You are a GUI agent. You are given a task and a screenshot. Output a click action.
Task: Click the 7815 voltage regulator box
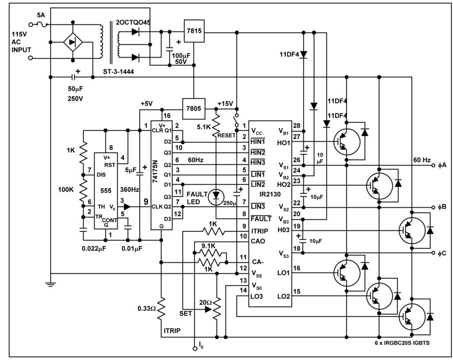point(194,31)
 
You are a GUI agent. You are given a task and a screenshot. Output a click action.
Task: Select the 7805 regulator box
point(194,109)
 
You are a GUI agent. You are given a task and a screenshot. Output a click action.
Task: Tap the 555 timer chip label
point(106,191)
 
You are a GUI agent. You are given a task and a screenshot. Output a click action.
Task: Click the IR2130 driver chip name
point(270,194)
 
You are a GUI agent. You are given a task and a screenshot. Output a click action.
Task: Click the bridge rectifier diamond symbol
point(73,42)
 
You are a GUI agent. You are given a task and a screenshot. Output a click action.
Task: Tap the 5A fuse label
point(41,15)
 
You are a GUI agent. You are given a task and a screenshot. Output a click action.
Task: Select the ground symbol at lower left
point(50,284)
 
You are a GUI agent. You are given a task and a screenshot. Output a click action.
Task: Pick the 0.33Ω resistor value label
point(146,309)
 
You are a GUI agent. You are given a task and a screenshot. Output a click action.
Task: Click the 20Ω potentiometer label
point(205,303)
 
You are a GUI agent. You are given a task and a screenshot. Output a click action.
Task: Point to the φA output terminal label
point(442,165)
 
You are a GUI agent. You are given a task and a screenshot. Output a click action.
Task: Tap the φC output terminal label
point(442,253)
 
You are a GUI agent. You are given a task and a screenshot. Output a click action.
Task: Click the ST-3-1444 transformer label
point(119,72)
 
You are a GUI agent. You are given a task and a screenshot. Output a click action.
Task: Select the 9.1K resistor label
point(208,246)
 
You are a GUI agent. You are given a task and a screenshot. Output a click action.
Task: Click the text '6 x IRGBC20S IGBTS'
point(402,343)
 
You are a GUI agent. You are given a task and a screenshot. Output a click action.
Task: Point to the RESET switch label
point(226,135)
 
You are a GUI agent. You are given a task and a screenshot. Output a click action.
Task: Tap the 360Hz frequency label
point(130,190)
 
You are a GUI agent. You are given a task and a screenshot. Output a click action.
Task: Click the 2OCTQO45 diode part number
point(133,23)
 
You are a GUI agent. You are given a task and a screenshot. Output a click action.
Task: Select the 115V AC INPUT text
point(21,42)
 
